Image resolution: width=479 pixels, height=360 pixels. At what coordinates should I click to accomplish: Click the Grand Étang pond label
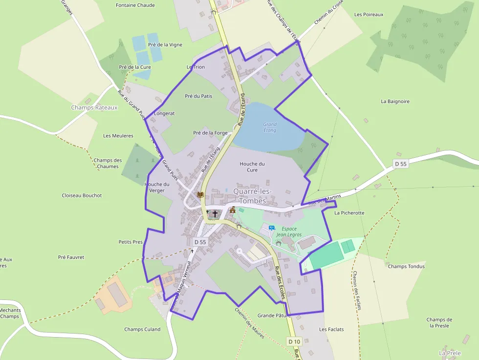pos(269,127)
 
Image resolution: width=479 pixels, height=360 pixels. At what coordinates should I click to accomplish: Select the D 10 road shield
pos(293,341)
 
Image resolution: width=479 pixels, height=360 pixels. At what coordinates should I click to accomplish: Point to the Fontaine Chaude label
pos(135,5)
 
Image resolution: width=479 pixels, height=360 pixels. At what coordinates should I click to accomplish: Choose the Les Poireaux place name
pos(369,15)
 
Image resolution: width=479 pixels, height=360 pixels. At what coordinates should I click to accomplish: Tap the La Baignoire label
pos(395,102)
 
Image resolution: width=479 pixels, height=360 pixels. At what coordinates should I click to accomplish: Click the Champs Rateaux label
pos(94,107)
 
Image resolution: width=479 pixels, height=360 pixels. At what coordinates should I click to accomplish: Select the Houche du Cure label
pos(252,167)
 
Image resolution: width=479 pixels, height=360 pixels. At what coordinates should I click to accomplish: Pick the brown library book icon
pos(200,194)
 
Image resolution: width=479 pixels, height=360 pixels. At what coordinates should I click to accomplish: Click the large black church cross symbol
pos(215,214)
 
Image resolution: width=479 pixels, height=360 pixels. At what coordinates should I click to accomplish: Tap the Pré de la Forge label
pos(210,133)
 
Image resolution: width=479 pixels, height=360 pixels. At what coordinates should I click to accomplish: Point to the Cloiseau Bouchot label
pos(82,195)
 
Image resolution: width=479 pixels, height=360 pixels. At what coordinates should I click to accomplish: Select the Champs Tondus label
pos(406,267)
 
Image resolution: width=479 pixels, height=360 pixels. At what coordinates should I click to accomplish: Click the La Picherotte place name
pos(349,213)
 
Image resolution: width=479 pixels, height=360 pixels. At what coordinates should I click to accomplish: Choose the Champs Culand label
pos(142,329)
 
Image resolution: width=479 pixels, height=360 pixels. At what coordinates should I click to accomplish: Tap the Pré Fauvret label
pos(71,257)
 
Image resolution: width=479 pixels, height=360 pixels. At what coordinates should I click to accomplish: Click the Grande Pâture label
pos(274,316)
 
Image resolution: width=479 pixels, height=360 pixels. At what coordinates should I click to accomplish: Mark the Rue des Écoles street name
pos(280,281)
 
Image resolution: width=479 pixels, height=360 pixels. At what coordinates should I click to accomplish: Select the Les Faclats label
pos(331,330)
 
